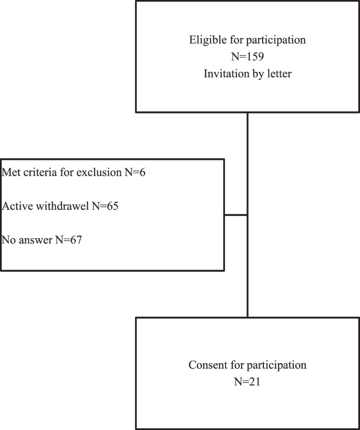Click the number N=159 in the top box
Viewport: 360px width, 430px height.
click(x=248, y=57)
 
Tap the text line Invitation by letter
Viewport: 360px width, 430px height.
click(x=248, y=74)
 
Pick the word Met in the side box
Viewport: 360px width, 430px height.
click(x=11, y=172)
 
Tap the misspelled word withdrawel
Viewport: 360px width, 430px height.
click(x=59, y=206)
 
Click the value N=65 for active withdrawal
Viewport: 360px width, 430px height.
click(x=105, y=206)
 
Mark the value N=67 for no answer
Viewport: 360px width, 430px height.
click(x=69, y=240)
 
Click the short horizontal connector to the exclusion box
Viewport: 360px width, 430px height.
click(x=235, y=214)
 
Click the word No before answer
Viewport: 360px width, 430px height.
click(x=9, y=240)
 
